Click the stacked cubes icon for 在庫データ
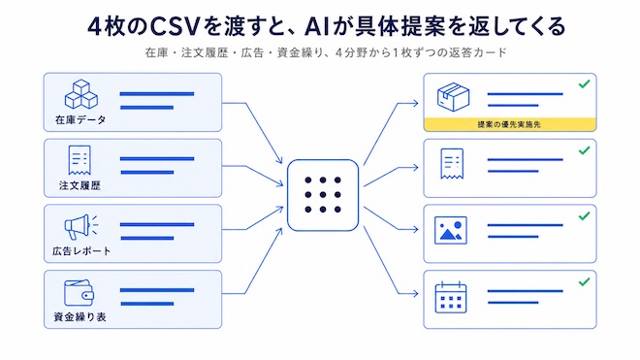(81, 94)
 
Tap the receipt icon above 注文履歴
(80, 160)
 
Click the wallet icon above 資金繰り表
(80, 293)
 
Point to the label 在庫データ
(80, 119)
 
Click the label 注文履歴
(80, 185)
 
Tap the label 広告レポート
(81, 251)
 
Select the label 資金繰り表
(80, 316)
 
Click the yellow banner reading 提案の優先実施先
(510, 124)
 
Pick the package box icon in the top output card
(453, 97)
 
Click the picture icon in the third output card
(451, 231)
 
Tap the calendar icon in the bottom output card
(451, 298)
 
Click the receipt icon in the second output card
(452, 164)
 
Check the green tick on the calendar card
(585, 281)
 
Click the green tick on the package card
(585, 83)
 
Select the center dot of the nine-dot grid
(323, 195)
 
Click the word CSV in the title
(175, 26)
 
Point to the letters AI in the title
(317, 26)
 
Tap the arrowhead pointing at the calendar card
(414, 293)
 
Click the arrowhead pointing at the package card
(414, 104)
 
